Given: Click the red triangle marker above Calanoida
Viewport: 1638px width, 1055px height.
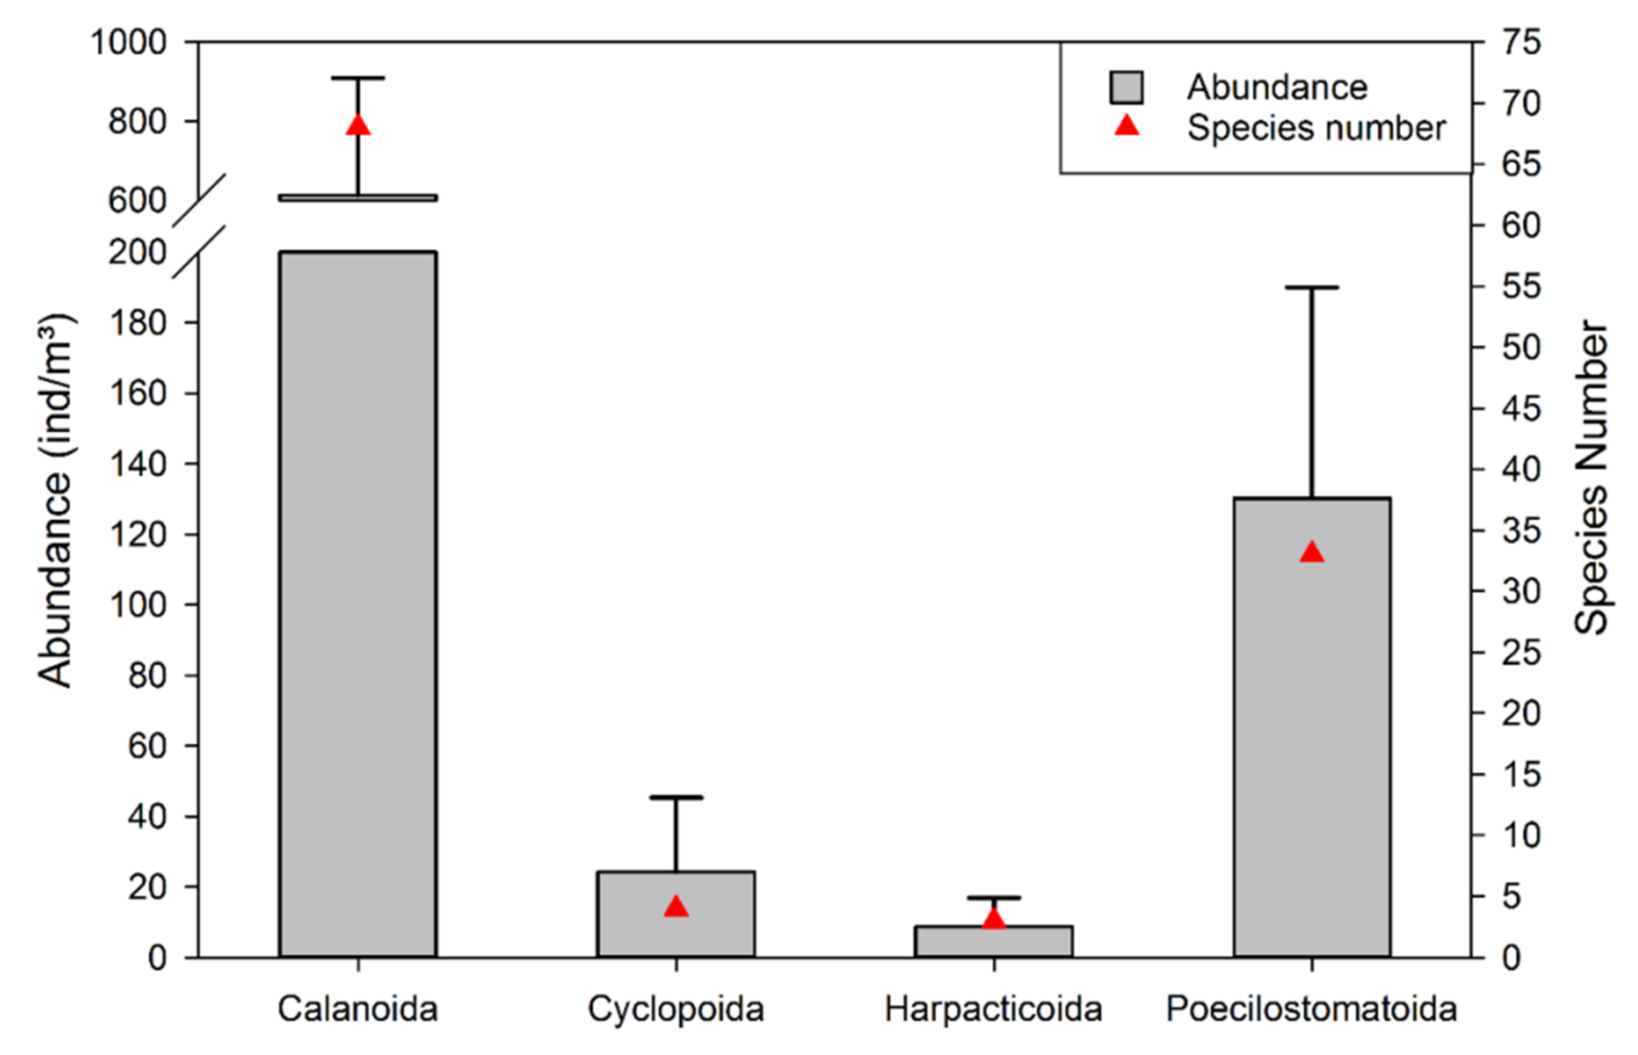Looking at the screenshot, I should (x=358, y=126).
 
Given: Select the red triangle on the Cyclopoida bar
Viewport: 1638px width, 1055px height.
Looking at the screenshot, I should (x=676, y=907).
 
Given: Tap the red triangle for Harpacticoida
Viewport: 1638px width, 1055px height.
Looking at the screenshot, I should (x=994, y=920).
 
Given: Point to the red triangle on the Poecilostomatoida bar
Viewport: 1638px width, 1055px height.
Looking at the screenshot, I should (x=1311, y=552).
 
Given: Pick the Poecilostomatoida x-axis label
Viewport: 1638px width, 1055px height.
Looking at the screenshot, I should (x=1311, y=1009).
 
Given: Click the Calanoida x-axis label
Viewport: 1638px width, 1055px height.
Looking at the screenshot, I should (x=358, y=1009).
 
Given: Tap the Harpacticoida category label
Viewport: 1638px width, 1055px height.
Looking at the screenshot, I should (x=994, y=1009).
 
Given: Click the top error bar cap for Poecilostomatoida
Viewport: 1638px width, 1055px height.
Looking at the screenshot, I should (x=1311, y=288).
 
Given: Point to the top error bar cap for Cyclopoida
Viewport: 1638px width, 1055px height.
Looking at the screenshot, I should (x=676, y=798).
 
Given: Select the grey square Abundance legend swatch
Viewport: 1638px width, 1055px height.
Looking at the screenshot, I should (x=1126, y=88).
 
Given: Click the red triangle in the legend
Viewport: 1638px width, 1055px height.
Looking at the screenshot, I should (x=1126, y=127).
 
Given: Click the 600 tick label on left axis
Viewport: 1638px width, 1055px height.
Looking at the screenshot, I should (x=138, y=201).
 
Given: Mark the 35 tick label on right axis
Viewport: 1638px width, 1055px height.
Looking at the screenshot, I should (x=1521, y=531).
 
